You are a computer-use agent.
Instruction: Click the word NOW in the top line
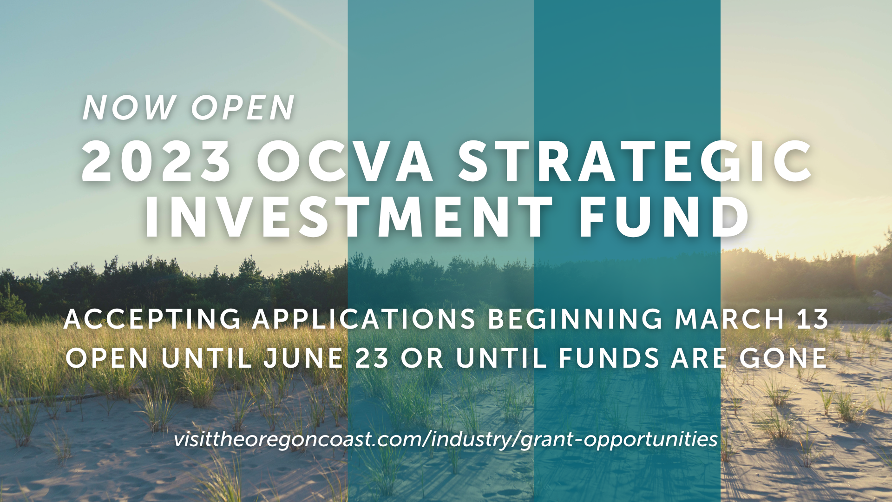point(129,108)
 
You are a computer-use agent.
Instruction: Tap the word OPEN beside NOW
point(243,108)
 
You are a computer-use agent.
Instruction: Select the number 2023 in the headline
point(157,161)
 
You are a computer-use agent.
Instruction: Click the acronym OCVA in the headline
point(345,161)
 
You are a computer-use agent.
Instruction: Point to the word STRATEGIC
point(636,161)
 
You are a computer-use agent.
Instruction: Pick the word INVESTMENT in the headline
point(349,217)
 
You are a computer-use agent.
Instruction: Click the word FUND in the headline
point(664,217)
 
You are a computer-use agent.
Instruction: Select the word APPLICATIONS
point(364,319)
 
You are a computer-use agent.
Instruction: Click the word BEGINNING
point(575,319)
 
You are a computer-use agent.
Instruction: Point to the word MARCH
point(730,319)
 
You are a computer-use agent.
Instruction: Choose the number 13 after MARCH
point(813,319)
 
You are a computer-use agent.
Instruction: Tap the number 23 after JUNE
point(372,358)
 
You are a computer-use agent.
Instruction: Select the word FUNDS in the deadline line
point(609,358)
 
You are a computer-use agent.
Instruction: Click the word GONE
point(783,358)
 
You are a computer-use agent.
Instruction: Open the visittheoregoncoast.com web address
point(446,439)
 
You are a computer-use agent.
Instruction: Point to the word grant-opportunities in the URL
point(619,440)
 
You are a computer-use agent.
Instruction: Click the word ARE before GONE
point(699,358)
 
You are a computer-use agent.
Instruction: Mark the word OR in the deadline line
point(422,358)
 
